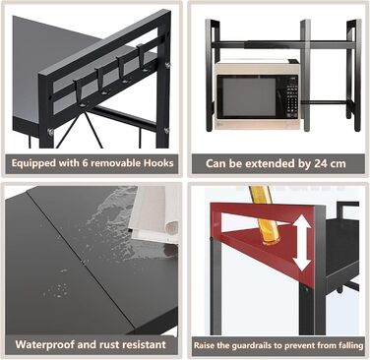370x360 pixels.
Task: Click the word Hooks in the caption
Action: click(x=158, y=163)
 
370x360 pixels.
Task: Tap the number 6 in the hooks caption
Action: click(x=85, y=163)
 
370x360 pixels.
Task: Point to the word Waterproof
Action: click(x=45, y=345)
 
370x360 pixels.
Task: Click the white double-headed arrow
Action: click(x=302, y=244)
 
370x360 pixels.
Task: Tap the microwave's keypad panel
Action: click(x=290, y=97)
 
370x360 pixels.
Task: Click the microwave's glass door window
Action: click(x=249, y=97)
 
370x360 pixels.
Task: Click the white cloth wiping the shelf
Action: click(x=154, y=215)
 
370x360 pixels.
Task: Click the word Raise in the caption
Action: click(x=203, y=345)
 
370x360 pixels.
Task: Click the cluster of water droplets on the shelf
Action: click(x=57, y=289)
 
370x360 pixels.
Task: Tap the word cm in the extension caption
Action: click(x=338, y=164)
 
